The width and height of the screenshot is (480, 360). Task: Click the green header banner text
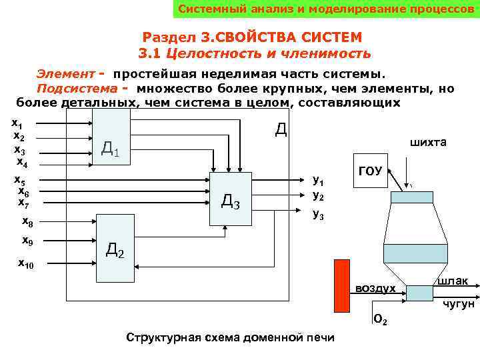[325, 10]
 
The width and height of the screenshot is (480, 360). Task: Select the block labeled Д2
[115, 248]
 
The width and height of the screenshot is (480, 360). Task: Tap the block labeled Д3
[230, 197]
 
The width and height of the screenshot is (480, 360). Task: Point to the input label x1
[18, 123]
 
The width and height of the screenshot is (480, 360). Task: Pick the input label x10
[25, 265]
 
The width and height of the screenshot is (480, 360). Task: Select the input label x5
[20, 180]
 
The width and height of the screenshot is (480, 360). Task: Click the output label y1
[318, 181]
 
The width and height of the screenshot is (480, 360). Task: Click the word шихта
[429, 143]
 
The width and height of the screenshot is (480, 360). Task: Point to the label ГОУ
[370, 171]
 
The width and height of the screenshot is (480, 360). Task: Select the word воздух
[375, 288]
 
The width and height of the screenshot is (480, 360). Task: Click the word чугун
[459, 304]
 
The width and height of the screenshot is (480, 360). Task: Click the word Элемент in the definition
[63, 73]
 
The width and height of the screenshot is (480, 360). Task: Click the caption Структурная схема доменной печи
[230, 337]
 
